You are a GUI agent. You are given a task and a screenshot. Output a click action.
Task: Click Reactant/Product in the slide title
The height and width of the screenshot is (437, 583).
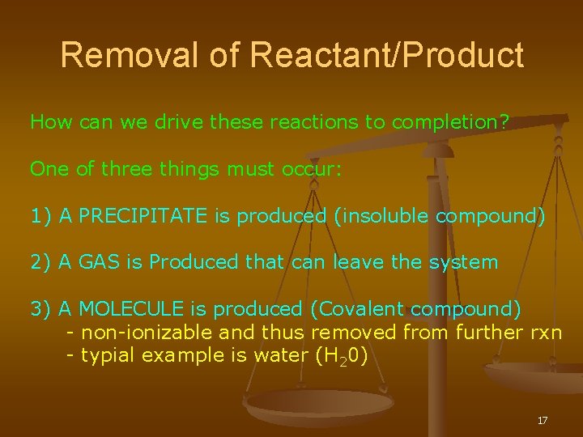[x=387, y=56]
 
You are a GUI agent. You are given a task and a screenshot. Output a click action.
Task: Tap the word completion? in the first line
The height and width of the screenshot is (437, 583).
[x=450, y=123]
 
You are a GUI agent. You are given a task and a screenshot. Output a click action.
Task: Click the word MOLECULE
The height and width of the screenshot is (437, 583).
[x=133, y=308]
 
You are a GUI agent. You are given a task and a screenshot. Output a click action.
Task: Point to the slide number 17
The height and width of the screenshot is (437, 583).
[x=543, y=420]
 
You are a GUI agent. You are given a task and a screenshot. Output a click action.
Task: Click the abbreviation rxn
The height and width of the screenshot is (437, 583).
[x=544, y=332]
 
